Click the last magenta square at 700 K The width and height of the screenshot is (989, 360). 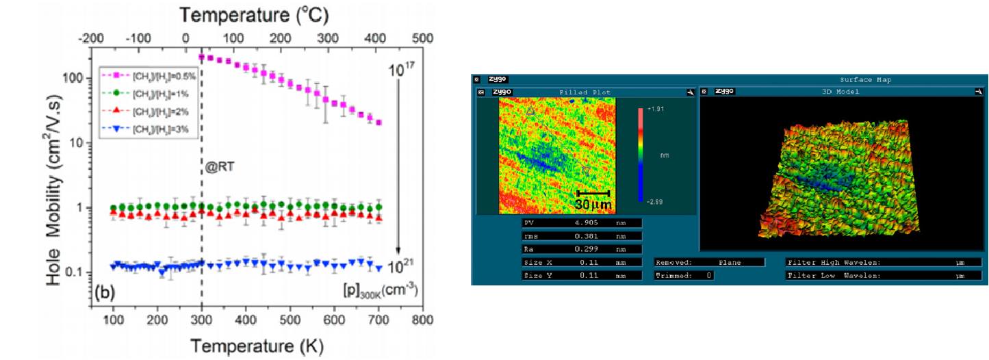tap(378, 123)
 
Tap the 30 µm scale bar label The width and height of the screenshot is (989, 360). tap(593, 204)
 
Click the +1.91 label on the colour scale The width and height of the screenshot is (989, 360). tap(655, 109)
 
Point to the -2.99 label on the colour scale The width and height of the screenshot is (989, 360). tap(655, 202)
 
